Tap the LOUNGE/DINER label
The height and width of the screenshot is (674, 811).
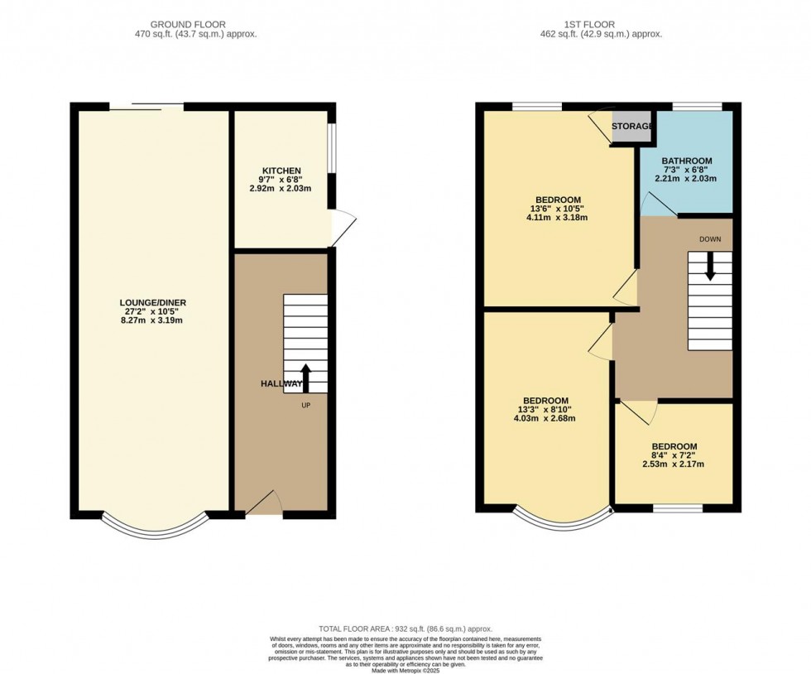[x=152, y=302]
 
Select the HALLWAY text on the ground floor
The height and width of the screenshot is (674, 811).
[x=281, y=384]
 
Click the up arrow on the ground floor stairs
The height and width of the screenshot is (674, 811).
[x=305, y=378]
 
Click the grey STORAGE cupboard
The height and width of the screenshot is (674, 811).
[x=631, y=127]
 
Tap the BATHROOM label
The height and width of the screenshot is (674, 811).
[x=686, y=161]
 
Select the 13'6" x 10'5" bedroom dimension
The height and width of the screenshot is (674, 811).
[x=557, y=209]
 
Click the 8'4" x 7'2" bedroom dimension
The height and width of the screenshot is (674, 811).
[x=673, y=455]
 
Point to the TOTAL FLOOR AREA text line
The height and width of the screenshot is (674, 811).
[x=405, y=629]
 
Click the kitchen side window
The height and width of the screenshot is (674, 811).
[x=331, y=149]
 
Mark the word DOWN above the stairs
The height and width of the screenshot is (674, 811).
[x=709, y=238]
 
